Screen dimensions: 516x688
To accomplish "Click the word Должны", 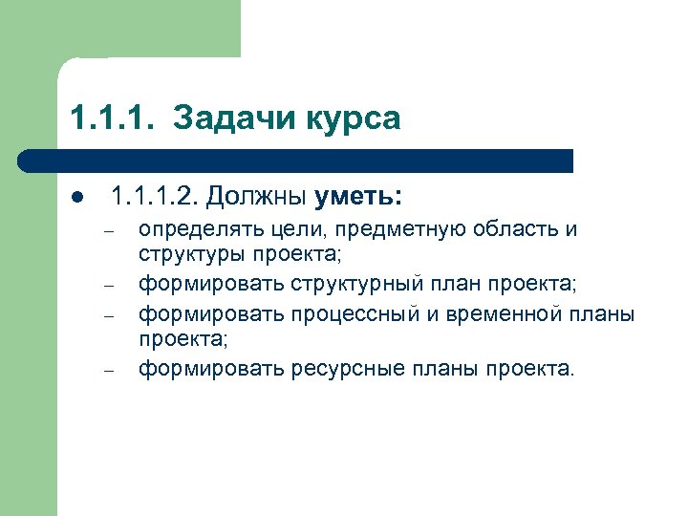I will [x=256, y=198].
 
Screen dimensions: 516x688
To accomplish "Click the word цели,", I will [x=289, y=230].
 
